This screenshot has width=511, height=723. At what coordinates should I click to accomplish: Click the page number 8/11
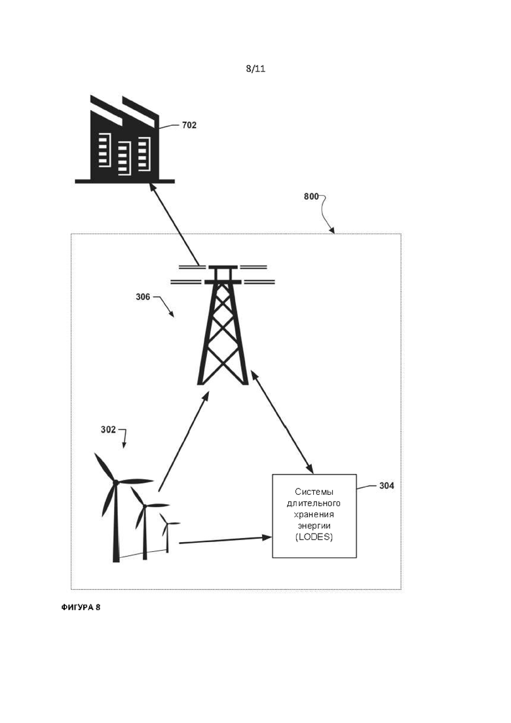pos(255,69)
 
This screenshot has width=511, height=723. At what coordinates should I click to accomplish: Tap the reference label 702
pos(189,125)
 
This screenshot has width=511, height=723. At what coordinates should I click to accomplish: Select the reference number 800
pos(311,197)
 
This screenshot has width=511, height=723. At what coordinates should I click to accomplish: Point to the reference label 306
pos(143,297)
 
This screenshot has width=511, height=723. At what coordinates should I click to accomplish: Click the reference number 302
pos(108,430)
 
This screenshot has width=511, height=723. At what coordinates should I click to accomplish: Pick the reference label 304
pos(387,486)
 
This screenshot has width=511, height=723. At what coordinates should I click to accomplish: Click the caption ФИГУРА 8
pos(81,607)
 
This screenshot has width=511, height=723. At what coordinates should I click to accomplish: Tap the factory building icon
pos(125,139)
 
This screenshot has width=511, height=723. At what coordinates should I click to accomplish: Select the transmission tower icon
pos(223,324)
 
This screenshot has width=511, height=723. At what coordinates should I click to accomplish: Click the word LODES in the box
pos(314,537)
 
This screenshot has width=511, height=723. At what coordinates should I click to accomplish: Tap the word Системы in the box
pos(314,492)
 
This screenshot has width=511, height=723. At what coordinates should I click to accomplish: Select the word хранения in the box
pos(314,514)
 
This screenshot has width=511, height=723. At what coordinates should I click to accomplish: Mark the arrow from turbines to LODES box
pos(225,540)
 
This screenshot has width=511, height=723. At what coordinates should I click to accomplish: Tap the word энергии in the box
pos(314,526)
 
